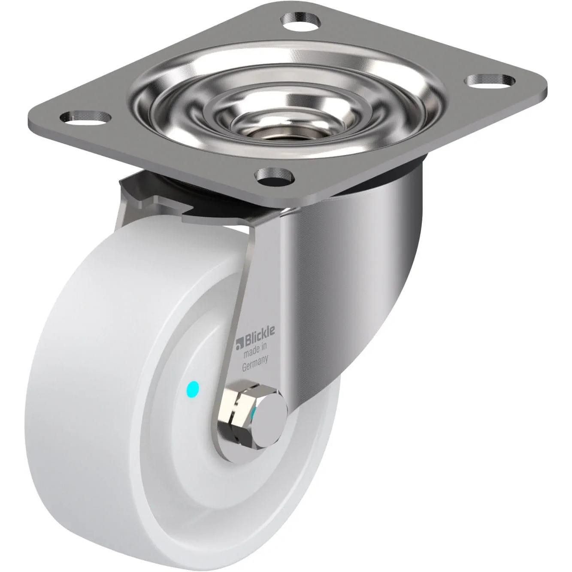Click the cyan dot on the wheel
click(193, 389)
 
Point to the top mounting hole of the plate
click(302, 21)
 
